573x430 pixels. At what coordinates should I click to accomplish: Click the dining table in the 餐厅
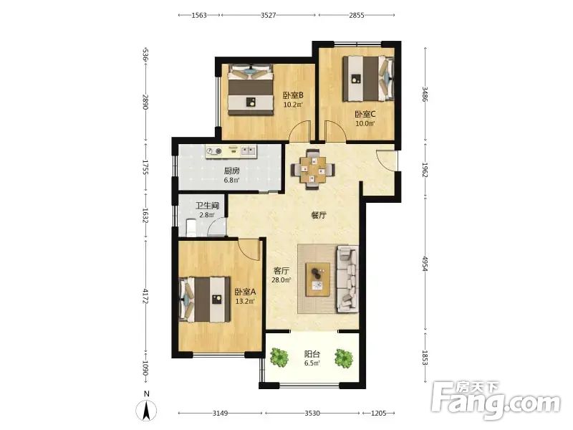pos(312,170)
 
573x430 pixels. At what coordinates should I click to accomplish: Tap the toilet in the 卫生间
pos(191,227)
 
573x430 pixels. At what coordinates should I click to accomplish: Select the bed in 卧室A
pos(205,300)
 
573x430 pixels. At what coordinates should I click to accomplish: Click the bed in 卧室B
pos(251,90)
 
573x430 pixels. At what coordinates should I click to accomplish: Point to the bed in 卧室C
pos(369,78)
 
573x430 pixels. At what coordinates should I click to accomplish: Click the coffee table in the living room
pos(318,279)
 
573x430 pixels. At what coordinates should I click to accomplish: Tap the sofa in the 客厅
pos(347,279)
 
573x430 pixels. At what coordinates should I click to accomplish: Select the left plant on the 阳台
pos(279,357)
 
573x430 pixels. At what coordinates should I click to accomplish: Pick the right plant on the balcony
pos(344,358)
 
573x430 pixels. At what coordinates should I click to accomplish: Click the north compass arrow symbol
pos(147,410)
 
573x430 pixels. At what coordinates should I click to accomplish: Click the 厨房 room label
pos(231,171)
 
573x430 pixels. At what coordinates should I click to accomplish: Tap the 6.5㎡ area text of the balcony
pos(312,363)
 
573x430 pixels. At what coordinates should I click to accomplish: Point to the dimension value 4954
pos(425,263)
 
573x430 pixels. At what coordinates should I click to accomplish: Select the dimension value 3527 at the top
pos(269,15)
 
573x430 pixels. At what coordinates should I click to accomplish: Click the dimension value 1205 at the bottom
pos(379,414)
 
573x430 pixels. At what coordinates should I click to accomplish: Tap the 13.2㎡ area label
pos(245,301)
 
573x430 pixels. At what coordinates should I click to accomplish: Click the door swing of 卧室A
pos(249,249)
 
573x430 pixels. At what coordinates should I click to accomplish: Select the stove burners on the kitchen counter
pos(213,150)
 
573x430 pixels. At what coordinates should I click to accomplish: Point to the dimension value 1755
pos(145,167)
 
